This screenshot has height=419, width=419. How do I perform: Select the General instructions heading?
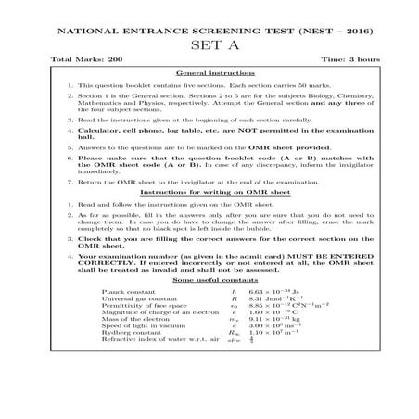209,73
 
